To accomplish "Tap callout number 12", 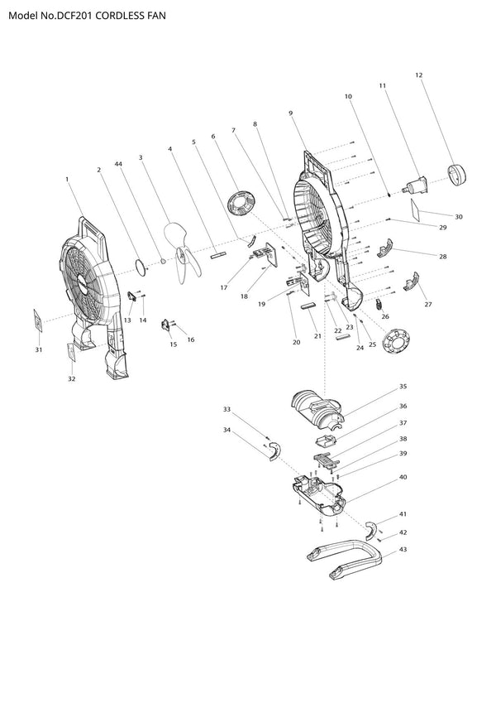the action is click(x=419, y=75).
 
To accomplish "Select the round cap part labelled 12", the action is click(x=457, y=174).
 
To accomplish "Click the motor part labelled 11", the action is click(x=416, y=185).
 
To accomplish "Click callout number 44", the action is click(x=118, y=164).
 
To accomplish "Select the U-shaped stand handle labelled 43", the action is click(x=344, y=559).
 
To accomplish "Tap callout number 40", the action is click(x=403, y=477).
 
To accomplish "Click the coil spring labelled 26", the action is click(x=379, y=305).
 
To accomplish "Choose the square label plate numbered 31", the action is click(x=39, y=320).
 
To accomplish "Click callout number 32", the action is click(x=72, y=379).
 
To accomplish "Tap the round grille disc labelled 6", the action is click(x=241, y=204).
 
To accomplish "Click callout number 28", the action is click(x=443, y=257).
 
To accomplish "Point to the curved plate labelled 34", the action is click(x=274, y=450).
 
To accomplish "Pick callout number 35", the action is click(x=403, y=387).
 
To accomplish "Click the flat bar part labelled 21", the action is click(x=309, y=306).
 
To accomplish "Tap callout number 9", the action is click(x=290, y=113).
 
